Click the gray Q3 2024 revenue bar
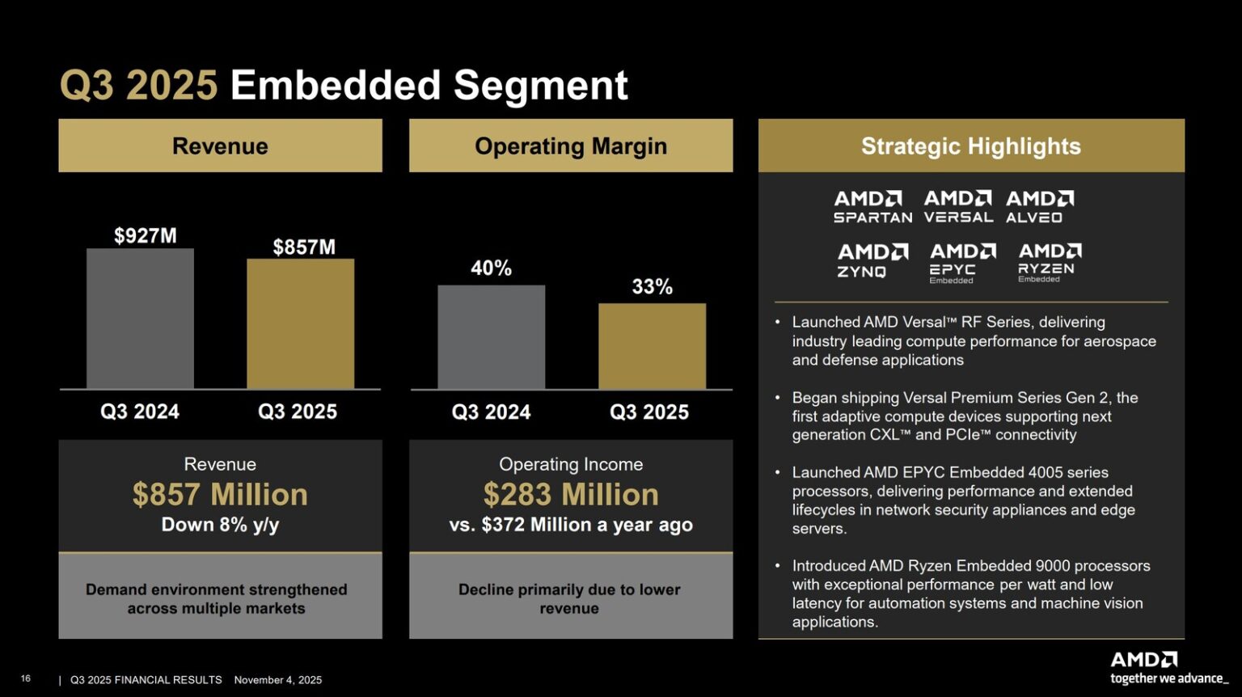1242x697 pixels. (140, 319)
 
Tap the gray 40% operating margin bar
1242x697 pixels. (491, 337)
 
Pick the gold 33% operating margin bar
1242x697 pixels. (652, 346)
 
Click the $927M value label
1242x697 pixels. (145, 236)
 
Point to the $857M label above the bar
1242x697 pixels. (304, 247)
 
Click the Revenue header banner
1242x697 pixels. (220, 146)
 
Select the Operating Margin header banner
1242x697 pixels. (571, 146)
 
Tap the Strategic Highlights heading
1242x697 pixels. (970, 146)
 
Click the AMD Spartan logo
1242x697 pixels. (872, 207)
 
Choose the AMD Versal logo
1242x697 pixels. (958, 207)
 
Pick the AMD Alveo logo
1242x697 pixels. (1039, 207)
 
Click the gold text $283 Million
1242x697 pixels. (571, 494)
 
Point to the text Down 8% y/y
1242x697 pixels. (220, 525)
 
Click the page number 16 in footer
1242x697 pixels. (26, 678)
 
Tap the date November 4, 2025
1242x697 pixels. (277, 680)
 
